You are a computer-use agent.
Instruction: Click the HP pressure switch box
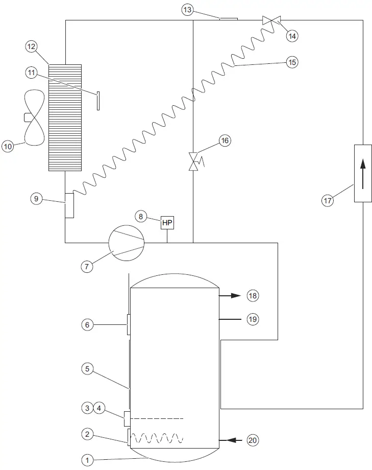click(x=167, y=223)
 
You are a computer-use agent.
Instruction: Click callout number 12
click(x=32, y=46)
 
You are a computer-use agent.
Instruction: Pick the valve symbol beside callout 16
click(x=194, y=161)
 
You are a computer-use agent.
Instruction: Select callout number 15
click(x=292, y=62)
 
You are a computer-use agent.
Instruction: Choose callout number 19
click(x=253, y=319)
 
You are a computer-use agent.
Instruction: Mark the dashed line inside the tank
click(x=156, y=418)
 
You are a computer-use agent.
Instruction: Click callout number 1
click(x=87, y=460)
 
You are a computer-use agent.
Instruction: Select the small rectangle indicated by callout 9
click(x=69, y=205)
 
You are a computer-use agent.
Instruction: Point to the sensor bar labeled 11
click(x=97, y=100)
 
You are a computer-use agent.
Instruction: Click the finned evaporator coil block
click(x=65, y=118)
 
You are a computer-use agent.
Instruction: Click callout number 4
click(x=100, y=408)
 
